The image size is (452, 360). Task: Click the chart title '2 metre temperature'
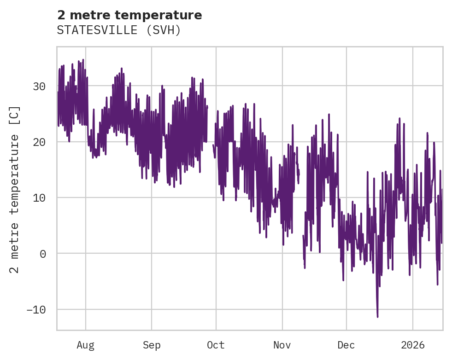click(129, 15)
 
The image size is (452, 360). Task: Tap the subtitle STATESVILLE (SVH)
click(119, 30)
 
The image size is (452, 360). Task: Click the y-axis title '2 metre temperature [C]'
click(15, 189)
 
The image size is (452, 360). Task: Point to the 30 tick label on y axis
click(39, 86)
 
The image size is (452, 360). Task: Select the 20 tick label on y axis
click(39, 142)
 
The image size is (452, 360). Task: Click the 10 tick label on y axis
click(39, 198)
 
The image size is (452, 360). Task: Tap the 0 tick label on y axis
click(43, 254)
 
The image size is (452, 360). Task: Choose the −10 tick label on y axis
click(36, 309)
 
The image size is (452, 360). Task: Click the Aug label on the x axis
click(85, 345)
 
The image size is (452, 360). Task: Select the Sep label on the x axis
click(151, 345)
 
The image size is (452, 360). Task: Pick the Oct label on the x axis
click(216, 345)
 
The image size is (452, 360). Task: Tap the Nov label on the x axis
click(282, 345)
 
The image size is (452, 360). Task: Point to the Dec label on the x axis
click(346, 345)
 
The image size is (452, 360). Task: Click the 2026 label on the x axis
click(413, 345)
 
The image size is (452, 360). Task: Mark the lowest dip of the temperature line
click(378, 317)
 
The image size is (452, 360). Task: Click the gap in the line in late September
click(210, 138)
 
